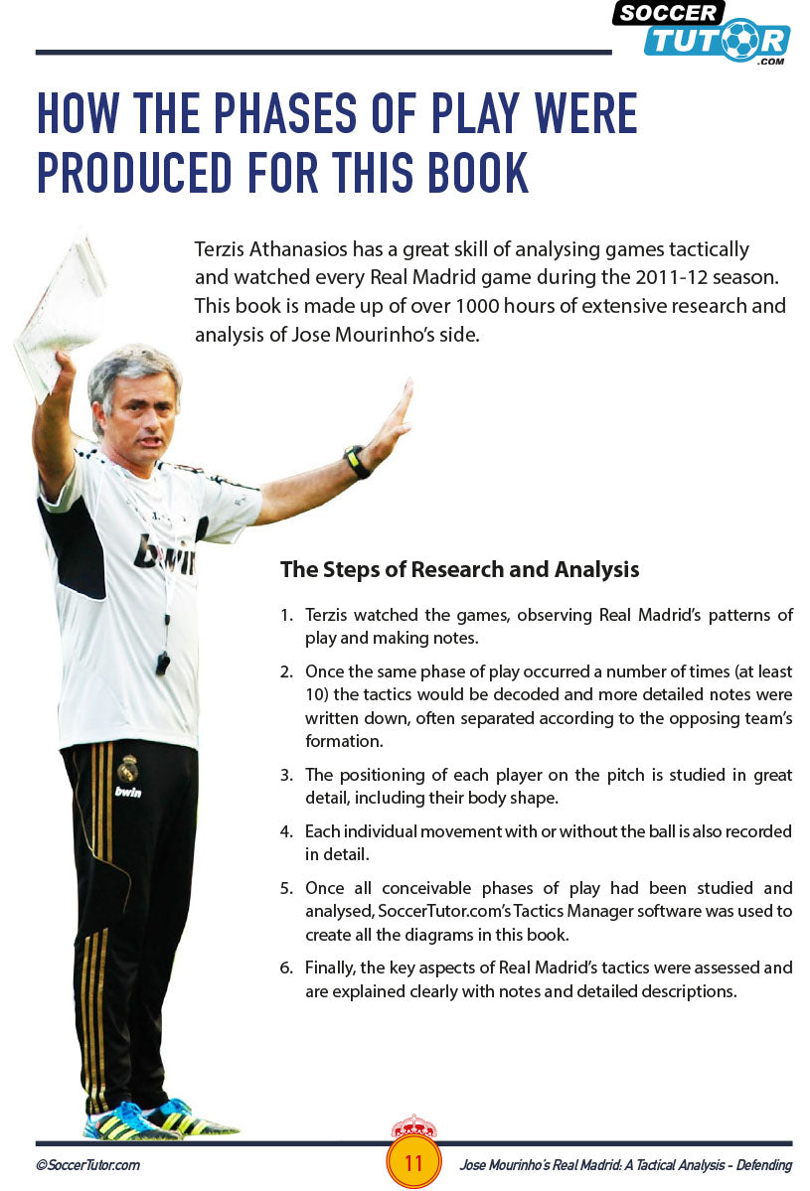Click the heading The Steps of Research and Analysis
point(459,569)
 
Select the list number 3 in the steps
point(284,775)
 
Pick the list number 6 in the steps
point(284,968)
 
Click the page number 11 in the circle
point(413,1163)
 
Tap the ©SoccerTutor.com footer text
point(87,1165)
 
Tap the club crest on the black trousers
point(127,768)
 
